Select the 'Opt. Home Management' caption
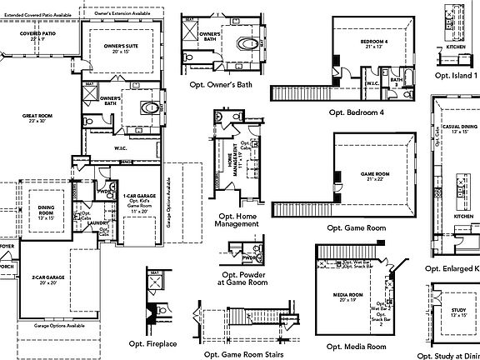click(x=236, y=219)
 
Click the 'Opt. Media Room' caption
click(x=356, y=346)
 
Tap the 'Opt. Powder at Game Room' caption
click(x=242, y=277)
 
